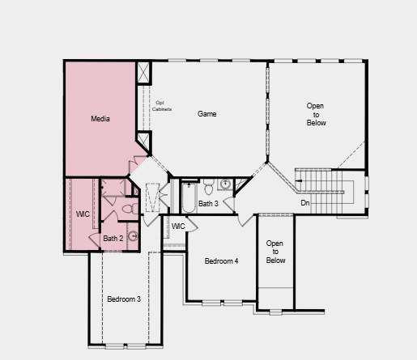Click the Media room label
[100, 119]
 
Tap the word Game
[207, 114]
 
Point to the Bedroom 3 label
[124, 299]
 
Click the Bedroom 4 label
[221, 261]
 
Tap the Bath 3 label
[208, 204]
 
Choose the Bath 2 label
[113, 239]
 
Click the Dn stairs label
[305, 202]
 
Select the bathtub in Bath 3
[189, 197]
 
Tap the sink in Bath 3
[226, 185]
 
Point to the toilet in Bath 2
[127, 210]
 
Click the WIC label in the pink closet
[83, 214]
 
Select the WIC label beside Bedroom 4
[178, 226]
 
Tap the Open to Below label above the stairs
[316, 114]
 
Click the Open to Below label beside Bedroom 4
[275, 252]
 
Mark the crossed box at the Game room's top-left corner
[144, 71]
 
